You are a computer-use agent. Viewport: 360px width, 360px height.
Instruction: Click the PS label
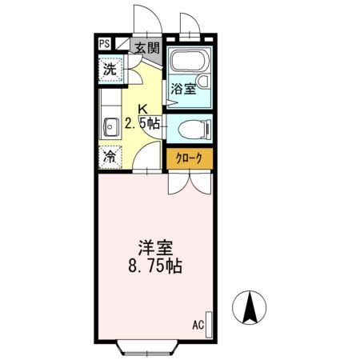pyautogui.click(x=106, y=46)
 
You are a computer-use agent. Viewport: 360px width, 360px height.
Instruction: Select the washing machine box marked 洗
pyautogui.click(x=111, y=70)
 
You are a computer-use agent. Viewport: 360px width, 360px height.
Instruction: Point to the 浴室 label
pyautogui.click(x=183, y=89)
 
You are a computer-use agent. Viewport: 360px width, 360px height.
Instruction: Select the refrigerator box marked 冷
pyautogui.click(x=110, y=157)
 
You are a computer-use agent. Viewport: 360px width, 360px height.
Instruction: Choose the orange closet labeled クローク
pyautogui.click(x=190, y=158)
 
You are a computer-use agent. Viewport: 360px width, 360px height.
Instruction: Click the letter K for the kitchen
pyautogui.click(x=142, y=110)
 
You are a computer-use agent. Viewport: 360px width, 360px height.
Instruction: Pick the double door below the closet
pyautogui.click(x=190, y=183)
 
